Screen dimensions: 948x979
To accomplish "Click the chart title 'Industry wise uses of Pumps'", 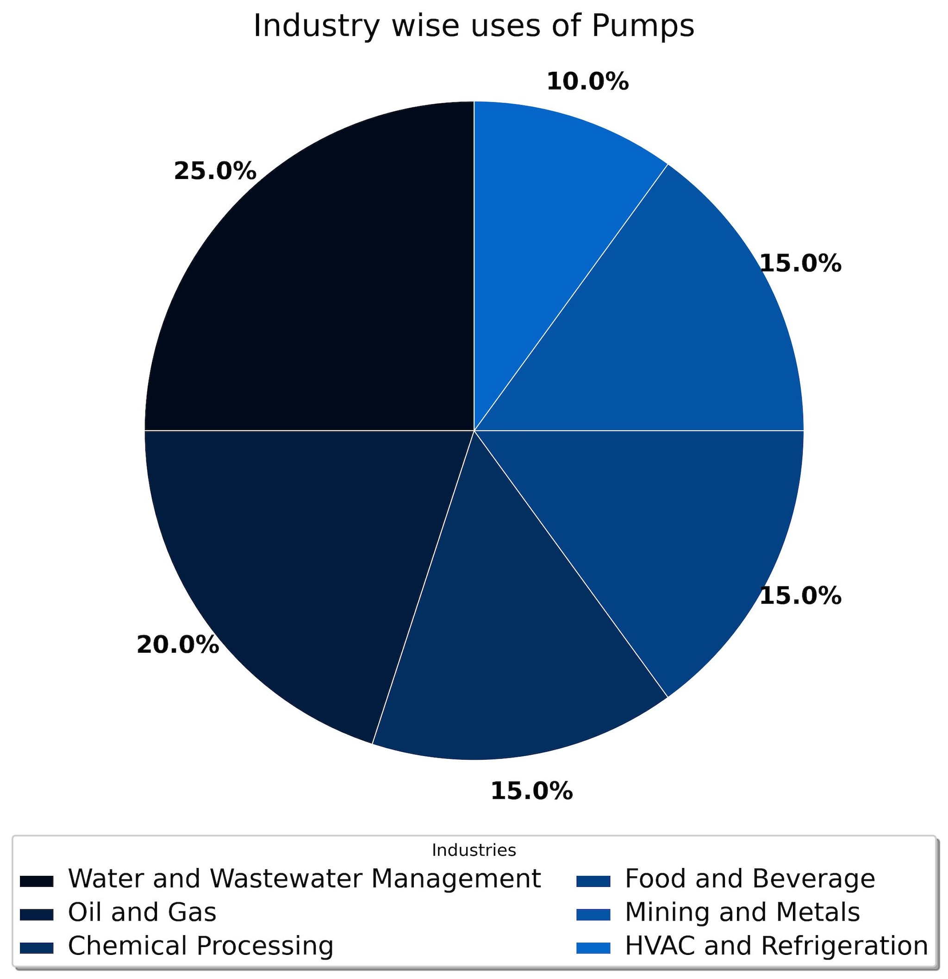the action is click(474, 26).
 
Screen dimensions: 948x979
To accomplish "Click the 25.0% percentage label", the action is click(215, 171).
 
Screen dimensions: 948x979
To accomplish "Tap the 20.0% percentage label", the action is click(178, 645).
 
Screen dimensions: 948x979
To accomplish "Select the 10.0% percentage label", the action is click(588, 81).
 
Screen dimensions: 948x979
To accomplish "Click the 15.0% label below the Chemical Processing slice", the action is click(532, 791).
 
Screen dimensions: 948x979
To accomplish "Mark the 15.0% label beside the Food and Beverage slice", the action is click(801, 596).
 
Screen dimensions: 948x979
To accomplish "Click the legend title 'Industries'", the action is click(474, 850).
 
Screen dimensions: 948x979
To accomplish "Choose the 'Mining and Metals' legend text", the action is click(742, 912).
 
